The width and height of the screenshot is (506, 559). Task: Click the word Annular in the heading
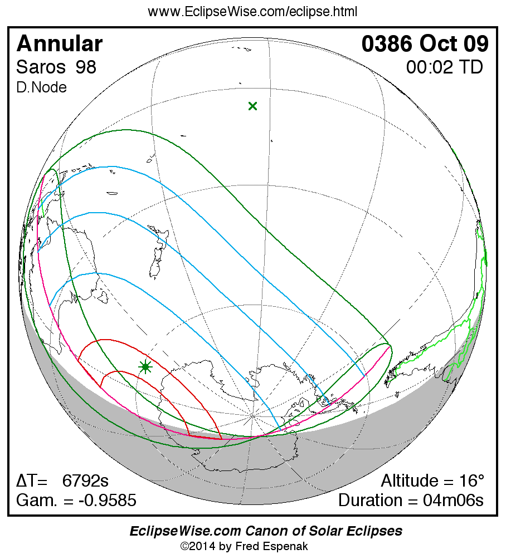(x=60, y=44)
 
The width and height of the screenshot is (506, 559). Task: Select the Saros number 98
(x=86, y=67)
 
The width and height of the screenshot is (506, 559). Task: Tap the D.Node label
(x=42, y=87)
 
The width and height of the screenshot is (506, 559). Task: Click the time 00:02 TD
(x=444, y=67)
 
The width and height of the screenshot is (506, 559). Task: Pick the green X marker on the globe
(x=252, y=106)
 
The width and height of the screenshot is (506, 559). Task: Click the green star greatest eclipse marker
(x=145, y=366)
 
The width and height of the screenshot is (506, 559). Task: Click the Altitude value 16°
(x=470, y=480)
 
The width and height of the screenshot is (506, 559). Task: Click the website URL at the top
(x=252, y=12)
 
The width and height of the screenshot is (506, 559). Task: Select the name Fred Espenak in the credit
(x=276, y=546)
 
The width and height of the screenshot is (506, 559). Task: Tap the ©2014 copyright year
(x=200, y=546)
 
